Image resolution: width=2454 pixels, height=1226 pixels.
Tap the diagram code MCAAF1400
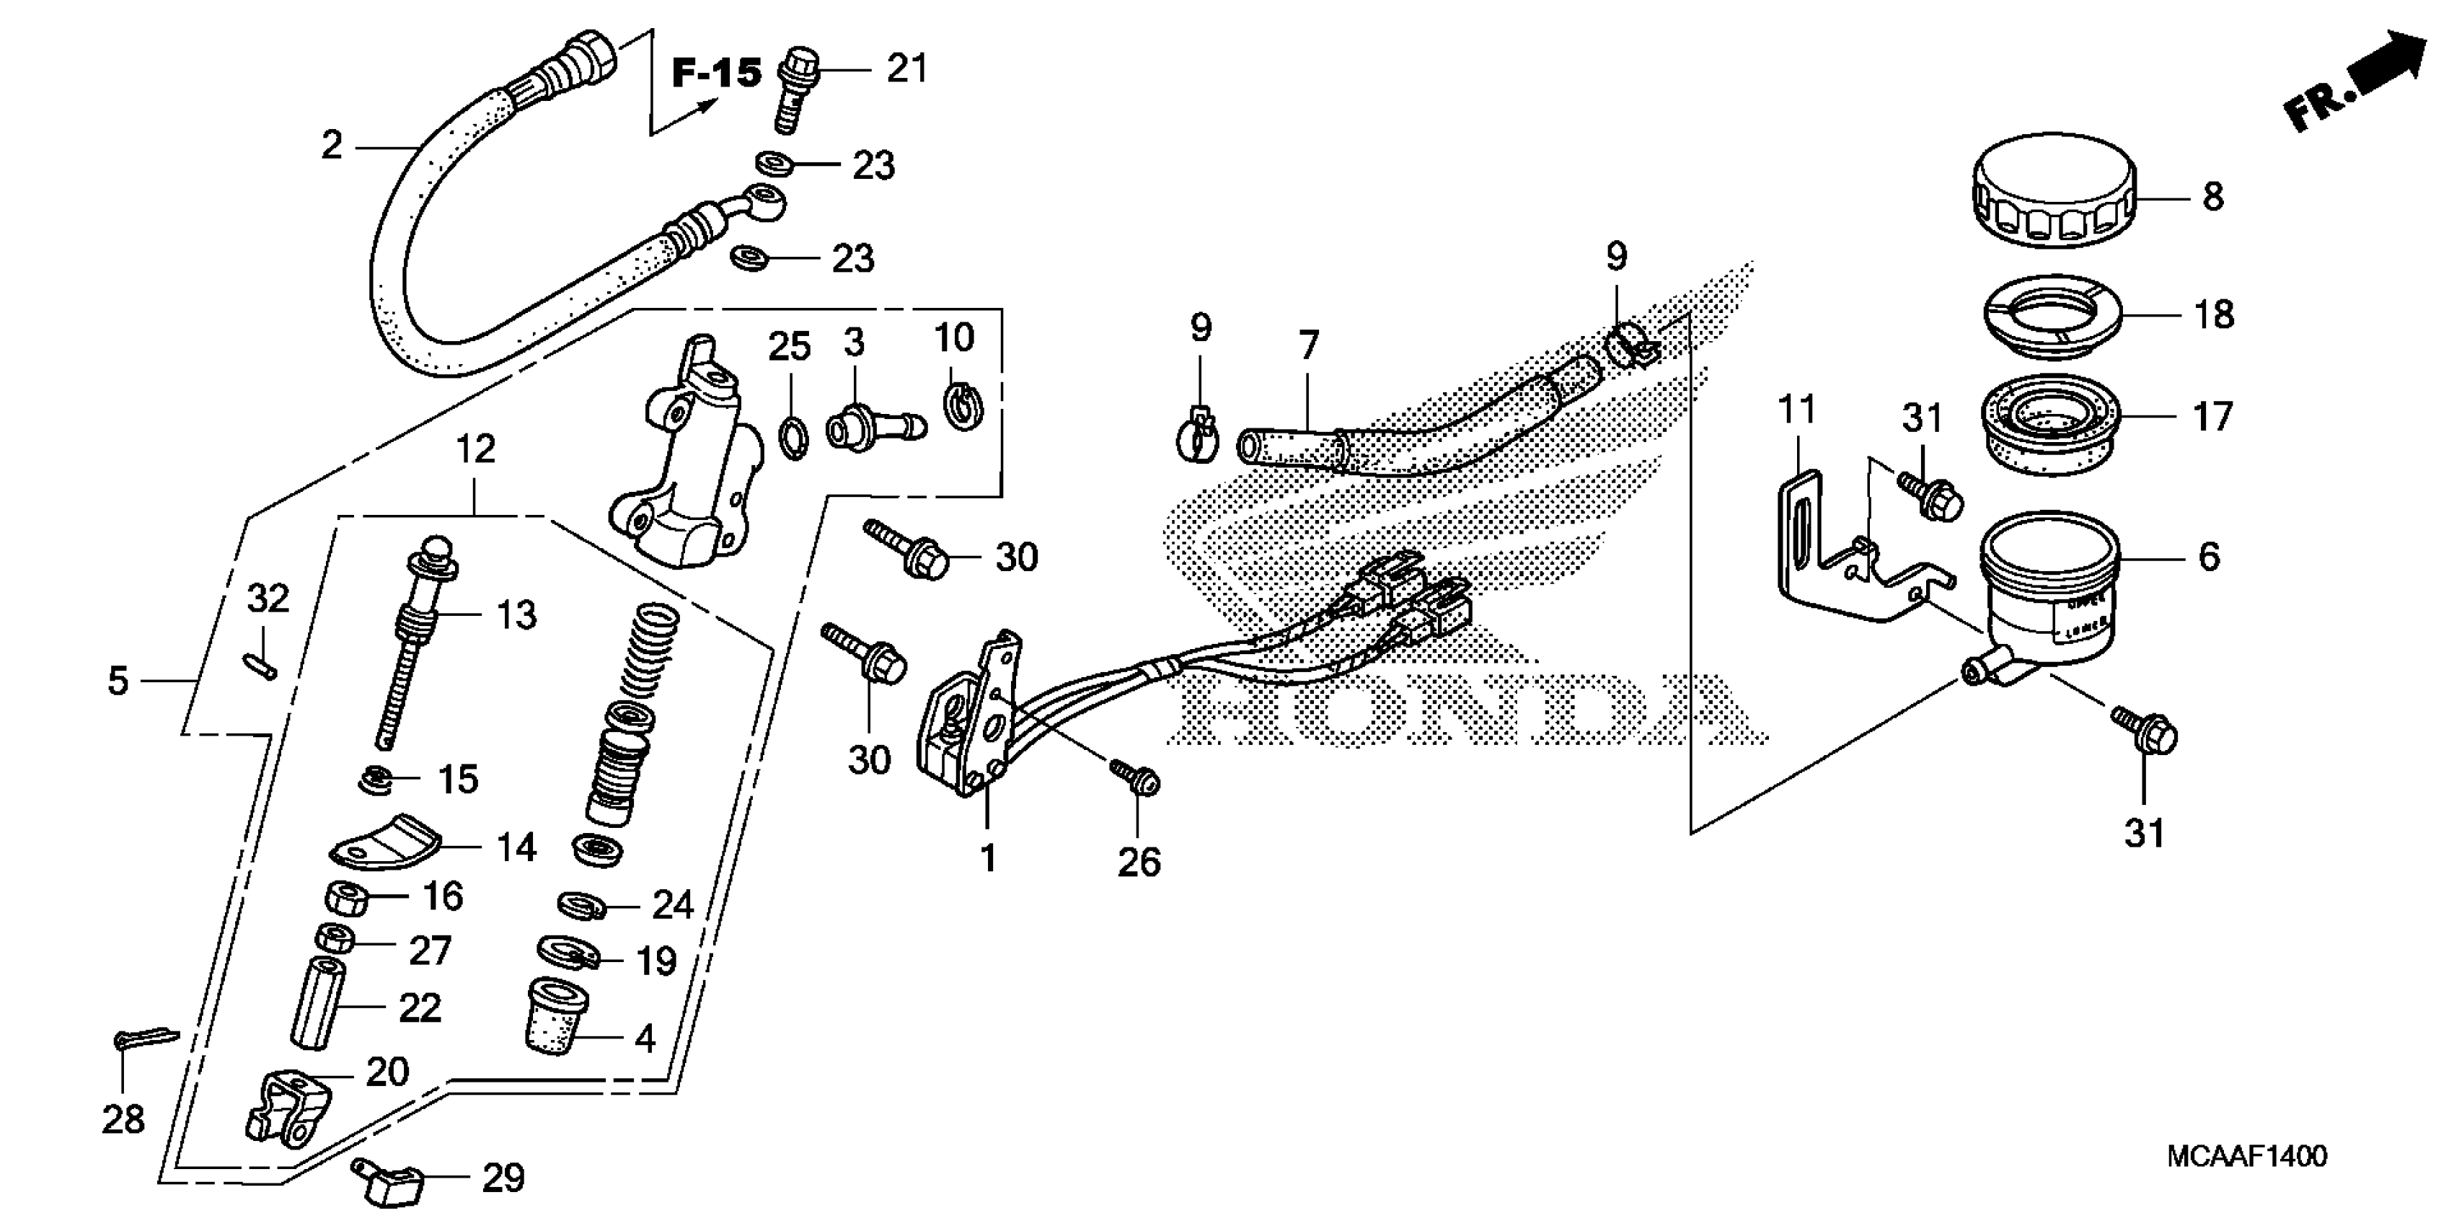click(2246, 1157)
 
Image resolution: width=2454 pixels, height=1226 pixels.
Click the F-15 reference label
click(716, 72)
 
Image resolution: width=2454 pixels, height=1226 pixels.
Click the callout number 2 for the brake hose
click(332, 146)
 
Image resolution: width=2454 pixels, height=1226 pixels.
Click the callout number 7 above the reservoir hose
click(1308, 345)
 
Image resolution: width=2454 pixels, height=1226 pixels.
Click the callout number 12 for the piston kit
click(475, 448)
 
